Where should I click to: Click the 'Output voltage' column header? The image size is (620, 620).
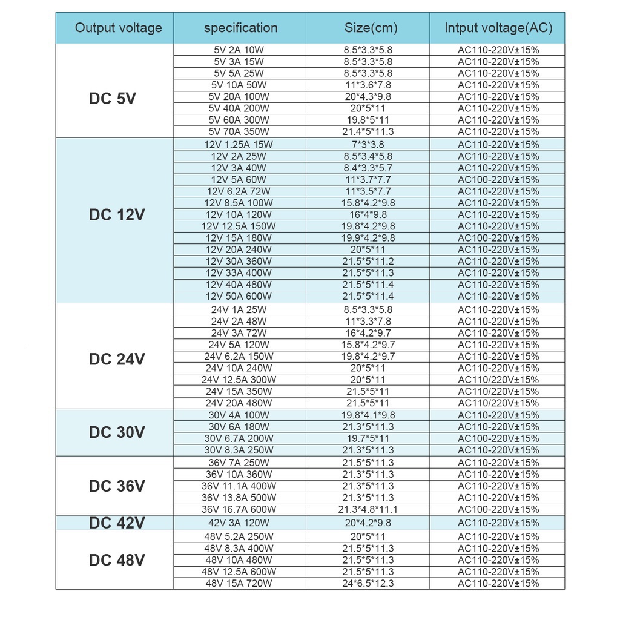[x=119, y=28]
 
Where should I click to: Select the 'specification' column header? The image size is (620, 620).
[x=240, y=28]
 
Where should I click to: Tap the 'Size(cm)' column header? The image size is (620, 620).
[x=368, y=28]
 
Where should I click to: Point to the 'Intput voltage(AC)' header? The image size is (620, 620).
[x=498, y=28]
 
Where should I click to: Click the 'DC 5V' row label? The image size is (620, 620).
[x=113, y=98]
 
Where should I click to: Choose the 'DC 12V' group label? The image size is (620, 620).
[x=117, y=215]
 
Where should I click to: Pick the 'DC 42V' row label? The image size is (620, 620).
[x=117, y=523]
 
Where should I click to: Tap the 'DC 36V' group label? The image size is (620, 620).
[x=117, y=486]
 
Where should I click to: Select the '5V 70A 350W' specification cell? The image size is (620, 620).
[x=239, y=131]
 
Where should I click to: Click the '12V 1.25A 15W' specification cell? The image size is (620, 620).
[x=239, y=145]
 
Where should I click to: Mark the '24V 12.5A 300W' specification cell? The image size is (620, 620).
[x=239, y=380]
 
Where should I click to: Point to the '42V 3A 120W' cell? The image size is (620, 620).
[x=239, y=523]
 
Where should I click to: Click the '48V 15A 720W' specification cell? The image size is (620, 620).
[x=239, y=583]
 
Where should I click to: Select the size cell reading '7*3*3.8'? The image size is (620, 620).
[x=368, y=145]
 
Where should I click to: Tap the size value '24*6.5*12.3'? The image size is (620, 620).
[x=368, y=583]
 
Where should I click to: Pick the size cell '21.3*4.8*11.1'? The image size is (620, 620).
[x=368, y=509]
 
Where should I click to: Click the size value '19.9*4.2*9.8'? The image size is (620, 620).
[x=368, y=238]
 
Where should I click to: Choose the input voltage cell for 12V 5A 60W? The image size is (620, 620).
[x=498, y=180]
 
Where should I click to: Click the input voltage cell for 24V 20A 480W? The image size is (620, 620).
[x=498, y=403]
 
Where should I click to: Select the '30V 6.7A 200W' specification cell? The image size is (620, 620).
[x=239, y=438]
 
